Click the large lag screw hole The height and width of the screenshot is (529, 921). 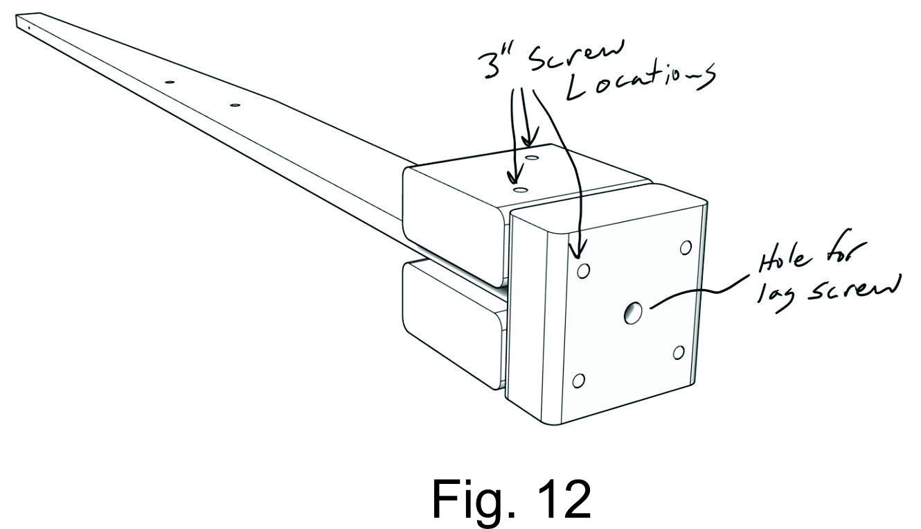(632, 313)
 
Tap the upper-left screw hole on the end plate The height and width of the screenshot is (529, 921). (583, 270)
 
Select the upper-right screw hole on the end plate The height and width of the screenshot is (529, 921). (686, 248)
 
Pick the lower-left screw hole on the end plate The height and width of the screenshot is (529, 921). (579, 380)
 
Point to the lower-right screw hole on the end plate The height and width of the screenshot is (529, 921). (679, 352)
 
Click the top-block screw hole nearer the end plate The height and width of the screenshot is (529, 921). (520, 189)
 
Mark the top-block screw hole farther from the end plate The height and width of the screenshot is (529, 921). (532, 159)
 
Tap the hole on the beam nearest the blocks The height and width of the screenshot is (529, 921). (235, 105)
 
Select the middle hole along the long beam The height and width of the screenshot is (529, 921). (168, 82)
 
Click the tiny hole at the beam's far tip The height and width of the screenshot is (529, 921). (29, 27)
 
